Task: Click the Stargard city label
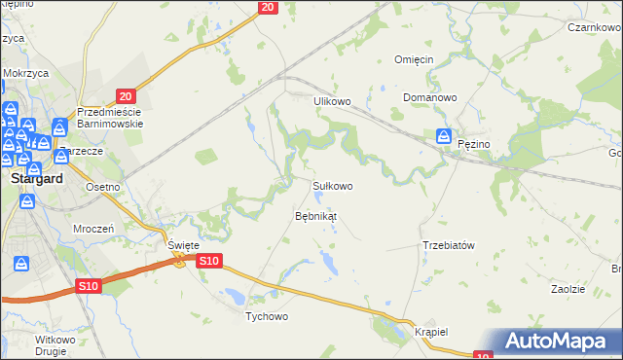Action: tap(36, 180)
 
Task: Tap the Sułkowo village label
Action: tap(332, 185)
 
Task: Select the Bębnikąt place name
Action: tap(315, 215)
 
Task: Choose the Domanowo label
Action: tap(430, 98)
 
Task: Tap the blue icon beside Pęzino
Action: tap(444, 137)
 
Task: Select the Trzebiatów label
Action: tap(448, 245)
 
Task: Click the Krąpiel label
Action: tap(429, 331)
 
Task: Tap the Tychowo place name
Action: tap(267, 317)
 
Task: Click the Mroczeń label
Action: tap(94, 227)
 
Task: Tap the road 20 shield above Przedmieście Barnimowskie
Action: tap(125, 95)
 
